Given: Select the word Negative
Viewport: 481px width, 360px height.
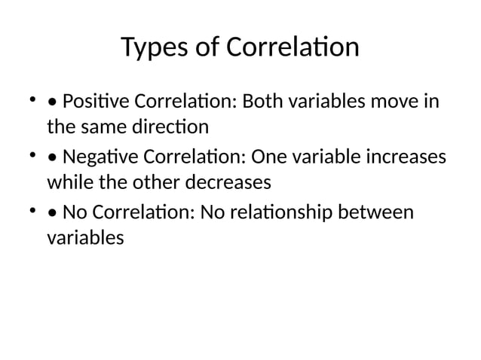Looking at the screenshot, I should click(x=95, y=157).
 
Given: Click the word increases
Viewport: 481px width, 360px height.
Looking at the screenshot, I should click(x=406, y=157).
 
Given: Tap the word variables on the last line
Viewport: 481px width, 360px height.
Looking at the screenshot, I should click(x=84, y=238).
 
